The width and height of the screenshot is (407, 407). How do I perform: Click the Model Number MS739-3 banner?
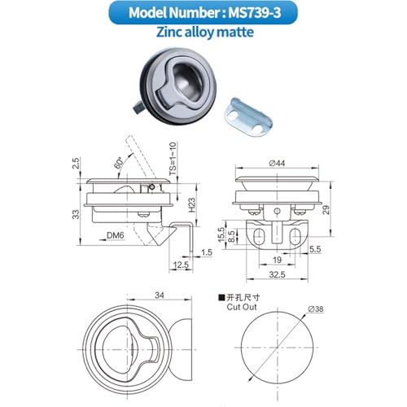click(203, 13)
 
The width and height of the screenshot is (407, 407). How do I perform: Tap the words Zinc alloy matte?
click(205, 32)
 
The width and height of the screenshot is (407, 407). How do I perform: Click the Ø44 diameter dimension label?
click(277, 163)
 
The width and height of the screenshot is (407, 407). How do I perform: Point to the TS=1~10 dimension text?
click(173, 159)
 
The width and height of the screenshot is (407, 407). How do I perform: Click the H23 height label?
click(191, 205)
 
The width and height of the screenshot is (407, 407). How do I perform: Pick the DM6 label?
click(116, 235)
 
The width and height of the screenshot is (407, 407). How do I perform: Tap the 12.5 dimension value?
click(181, 265)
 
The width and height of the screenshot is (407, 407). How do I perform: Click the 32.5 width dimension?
click(277, 274)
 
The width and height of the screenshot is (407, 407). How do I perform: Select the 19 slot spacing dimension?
click(277, 260)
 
